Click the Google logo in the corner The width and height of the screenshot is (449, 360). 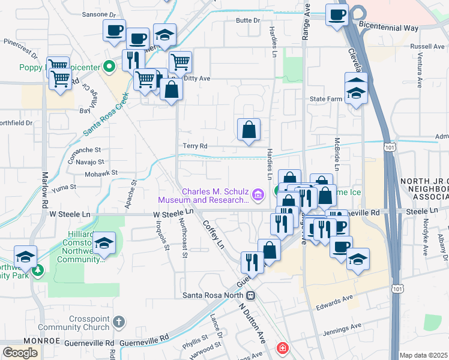point(20,352)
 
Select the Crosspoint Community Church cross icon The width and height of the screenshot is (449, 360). point(119,322)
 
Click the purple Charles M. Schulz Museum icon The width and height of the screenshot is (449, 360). point(258,193)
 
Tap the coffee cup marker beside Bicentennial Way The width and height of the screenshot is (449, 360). point(337,14)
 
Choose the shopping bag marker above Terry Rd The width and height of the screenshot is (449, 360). point(249,129)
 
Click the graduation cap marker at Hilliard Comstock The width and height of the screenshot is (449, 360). point(104,244)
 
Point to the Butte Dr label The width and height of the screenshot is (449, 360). point(248,20)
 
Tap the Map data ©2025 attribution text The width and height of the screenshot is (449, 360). point(423,355)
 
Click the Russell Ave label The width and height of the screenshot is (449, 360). point(427,46)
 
